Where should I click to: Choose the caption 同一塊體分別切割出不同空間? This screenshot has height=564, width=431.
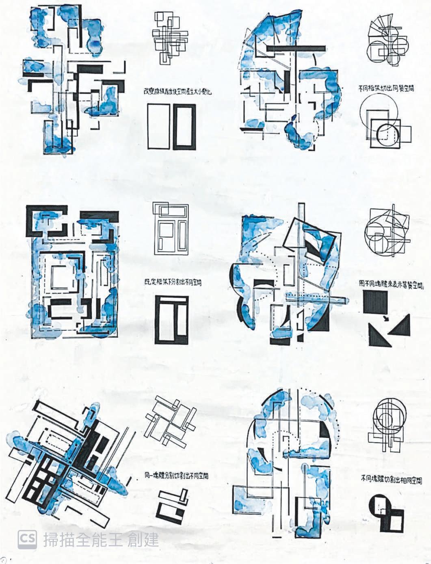tap(179, 475)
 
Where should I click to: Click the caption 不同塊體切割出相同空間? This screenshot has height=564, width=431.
tap(391, 480)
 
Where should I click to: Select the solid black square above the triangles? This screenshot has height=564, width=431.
tap(376, 303)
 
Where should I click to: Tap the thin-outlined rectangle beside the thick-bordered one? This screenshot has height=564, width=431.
tap(158, 126)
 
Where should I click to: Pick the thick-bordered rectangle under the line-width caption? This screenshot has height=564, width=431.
tap(185, 126)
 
